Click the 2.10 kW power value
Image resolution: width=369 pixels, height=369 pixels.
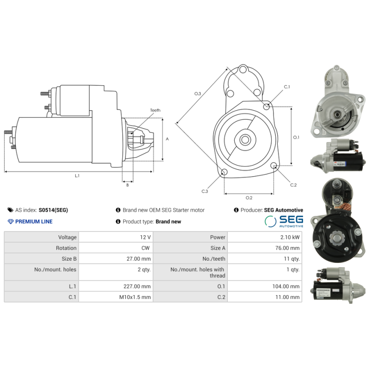[290, 237]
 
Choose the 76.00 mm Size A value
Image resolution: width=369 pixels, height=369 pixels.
[289, 248]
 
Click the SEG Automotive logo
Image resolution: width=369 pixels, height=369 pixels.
[284, 221]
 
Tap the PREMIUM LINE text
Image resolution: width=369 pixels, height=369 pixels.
[34, 221]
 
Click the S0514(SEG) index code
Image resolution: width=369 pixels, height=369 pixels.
[53, 210]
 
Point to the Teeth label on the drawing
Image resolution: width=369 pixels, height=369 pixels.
[155, 110]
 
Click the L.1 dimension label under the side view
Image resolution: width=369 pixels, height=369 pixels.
[77, 176]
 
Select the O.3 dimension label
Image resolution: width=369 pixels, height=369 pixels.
[197, 94]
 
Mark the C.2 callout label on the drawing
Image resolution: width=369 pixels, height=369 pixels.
[293, 185]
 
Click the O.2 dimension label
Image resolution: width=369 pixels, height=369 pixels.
[249, 198]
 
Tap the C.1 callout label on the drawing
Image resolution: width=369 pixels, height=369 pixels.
[286, 87]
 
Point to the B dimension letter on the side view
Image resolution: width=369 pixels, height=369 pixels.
[127, 185]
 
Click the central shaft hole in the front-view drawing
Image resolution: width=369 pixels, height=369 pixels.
[245, 139]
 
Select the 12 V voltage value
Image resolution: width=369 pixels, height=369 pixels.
[145, 237]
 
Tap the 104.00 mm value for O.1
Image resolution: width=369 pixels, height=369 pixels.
[286, 286]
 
